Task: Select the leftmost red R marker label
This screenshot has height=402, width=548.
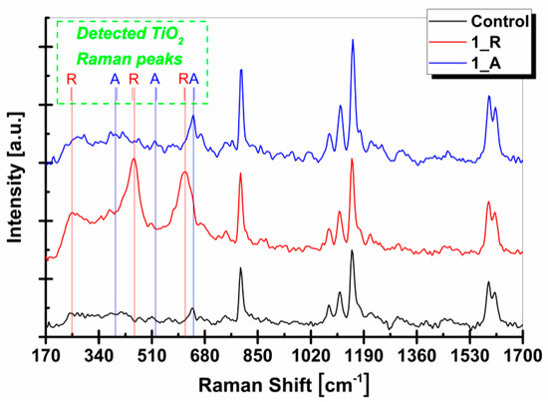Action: coord(72,79)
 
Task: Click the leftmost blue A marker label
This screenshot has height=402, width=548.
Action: coord(115,79)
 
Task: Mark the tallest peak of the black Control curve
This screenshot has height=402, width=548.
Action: coord(352,252)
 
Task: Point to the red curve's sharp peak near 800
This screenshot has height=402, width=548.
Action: coord(240,176)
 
